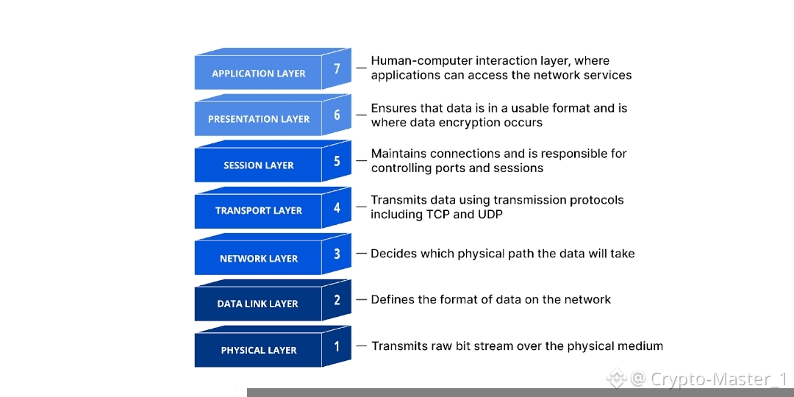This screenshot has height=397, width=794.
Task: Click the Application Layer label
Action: [258, 74]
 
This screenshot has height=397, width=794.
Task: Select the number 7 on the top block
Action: [337, 69]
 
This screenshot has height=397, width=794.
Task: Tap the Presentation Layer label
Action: [258, 119]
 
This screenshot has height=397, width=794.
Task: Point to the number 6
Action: [337, 115]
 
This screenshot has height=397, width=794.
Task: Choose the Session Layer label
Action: [258, 165]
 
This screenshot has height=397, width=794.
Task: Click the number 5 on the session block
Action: [337, 161]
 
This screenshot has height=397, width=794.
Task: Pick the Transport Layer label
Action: [258, 210]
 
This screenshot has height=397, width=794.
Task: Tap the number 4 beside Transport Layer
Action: [337, 207]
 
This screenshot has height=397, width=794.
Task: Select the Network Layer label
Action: [258, 259]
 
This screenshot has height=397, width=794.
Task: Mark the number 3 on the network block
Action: [337, 254]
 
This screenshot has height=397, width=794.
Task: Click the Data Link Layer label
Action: [257, 304]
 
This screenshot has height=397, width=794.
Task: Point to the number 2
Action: [337, 299]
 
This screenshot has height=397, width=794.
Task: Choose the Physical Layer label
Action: [258, 350]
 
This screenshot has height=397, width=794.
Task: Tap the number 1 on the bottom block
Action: [337, 346]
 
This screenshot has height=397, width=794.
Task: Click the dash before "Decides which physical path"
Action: [361, 254]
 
